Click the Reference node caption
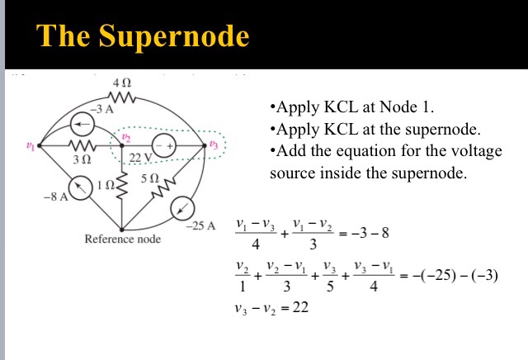tap(123, 239)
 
